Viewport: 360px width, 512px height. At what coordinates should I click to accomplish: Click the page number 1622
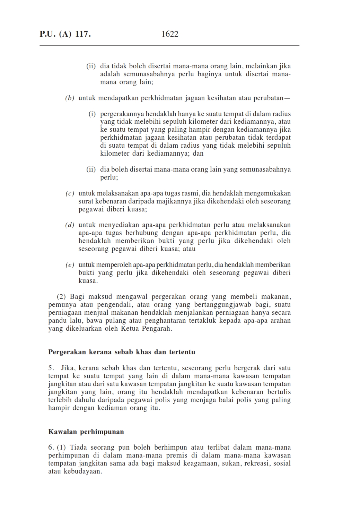(x=170, y=34)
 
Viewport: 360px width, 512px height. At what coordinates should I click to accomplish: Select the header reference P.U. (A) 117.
(x=65, y=34)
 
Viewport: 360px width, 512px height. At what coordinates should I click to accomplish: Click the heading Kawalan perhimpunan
(x=86, y=432)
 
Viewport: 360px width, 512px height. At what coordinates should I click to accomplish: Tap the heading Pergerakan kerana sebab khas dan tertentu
(x=122, y=352)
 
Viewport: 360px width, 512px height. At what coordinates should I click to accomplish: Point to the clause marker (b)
(x=70, y=98)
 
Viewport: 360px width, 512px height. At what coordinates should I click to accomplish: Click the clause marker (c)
(x=70, y=193)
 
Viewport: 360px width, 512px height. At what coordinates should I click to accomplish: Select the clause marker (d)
(x=70, y=225)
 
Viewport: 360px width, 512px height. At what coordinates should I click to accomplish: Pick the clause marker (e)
(x=70, y=265)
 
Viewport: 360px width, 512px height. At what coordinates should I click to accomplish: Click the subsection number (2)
(x=62, y=297)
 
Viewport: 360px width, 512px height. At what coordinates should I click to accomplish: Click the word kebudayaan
(x=83, y=471)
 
